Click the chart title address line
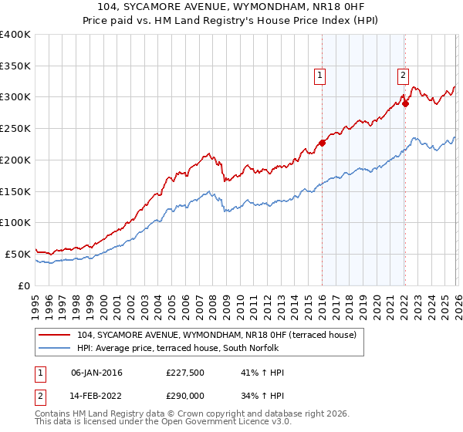click(231, 5)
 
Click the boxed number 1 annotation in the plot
click(319, 76)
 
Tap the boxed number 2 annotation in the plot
click(403, 76)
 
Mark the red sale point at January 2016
click(322, 143)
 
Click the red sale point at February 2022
click(405, 103)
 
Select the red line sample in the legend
click(56, 336)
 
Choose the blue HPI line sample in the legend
click(56, 348)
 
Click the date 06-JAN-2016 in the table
click(96, 373)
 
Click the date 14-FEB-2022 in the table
click(96, 397)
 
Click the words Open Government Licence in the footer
click(197, 424)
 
